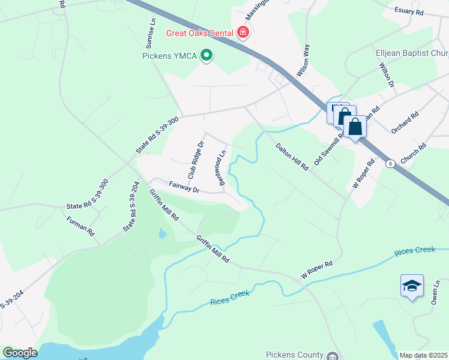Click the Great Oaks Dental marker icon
pyautogui.click(x=243, y=32)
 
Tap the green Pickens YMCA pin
pyautogui.click(x=207, y=56)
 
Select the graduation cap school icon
pyautogui.click(x=412, y=286)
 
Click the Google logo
pyautogui.click(x=20, y=353)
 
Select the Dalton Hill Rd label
pyautogui.click(x=292, y=158)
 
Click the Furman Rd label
pyautogui.click(x=80, y=226)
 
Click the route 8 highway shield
pyautogui.click(x=391, y=163)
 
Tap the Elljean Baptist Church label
pyautogui.click(x=412, y=53)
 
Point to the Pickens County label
pyautogui.click(x=295, y=355)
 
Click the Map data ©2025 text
pyautogui.click(x=423, y=355)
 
